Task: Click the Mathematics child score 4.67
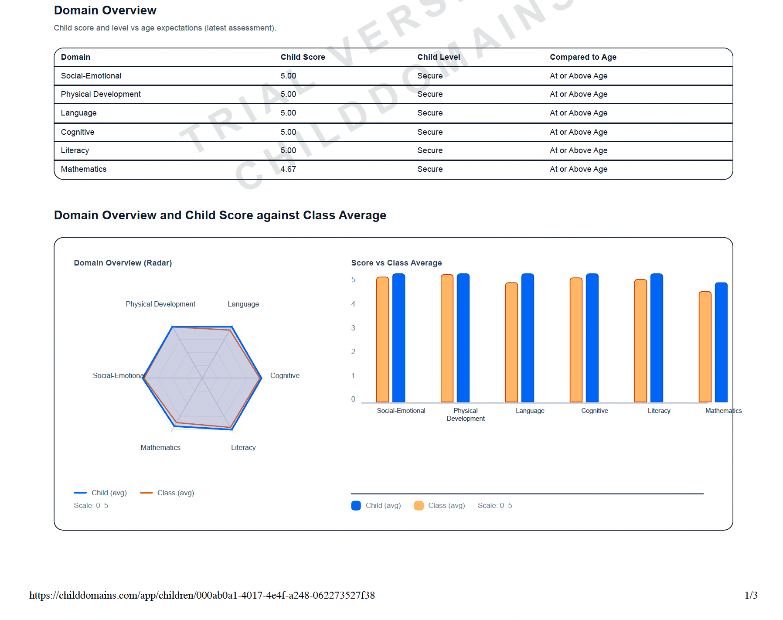coord(288,169)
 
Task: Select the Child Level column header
coord(438,57)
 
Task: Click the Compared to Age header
coord(582,57)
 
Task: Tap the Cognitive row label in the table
coord(78,132)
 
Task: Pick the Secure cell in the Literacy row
coord(429,150)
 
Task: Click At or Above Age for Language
coord(578,113)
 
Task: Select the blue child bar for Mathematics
coord(721,342)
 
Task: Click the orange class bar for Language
coord(511,342)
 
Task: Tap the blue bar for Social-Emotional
coord(398,338)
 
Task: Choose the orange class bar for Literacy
coord(640,341)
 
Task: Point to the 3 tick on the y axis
coord(353,328)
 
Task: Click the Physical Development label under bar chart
coord(465,414)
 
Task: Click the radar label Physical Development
coord(160,304)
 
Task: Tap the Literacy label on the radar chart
coord(243,447)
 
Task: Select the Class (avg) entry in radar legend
coord(167,493)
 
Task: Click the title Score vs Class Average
coord(396,263)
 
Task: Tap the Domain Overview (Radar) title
coord(123,263)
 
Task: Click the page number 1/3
coord(751,595)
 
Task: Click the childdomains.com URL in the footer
coord(202,595)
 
